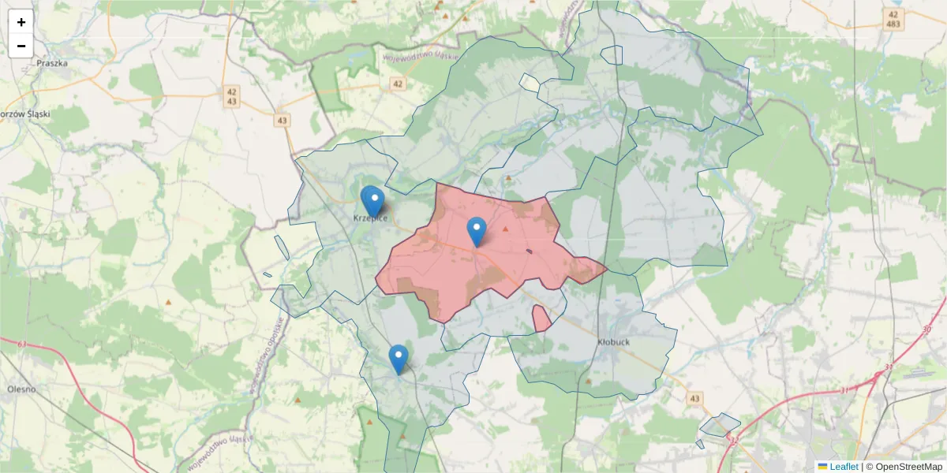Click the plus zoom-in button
(21, 22)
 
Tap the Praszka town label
(52, 63)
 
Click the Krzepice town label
(369, 218)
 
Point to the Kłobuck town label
(613, 343)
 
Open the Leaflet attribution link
(844, 467)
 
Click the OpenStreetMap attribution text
(904, 467)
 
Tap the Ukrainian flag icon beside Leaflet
(823, 467)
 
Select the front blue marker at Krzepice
(374, 201)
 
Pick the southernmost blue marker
(399, 359)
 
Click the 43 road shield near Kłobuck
(694, 399)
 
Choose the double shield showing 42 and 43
(231, 96)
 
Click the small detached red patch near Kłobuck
(541, 318)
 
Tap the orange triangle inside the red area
(506, 229)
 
